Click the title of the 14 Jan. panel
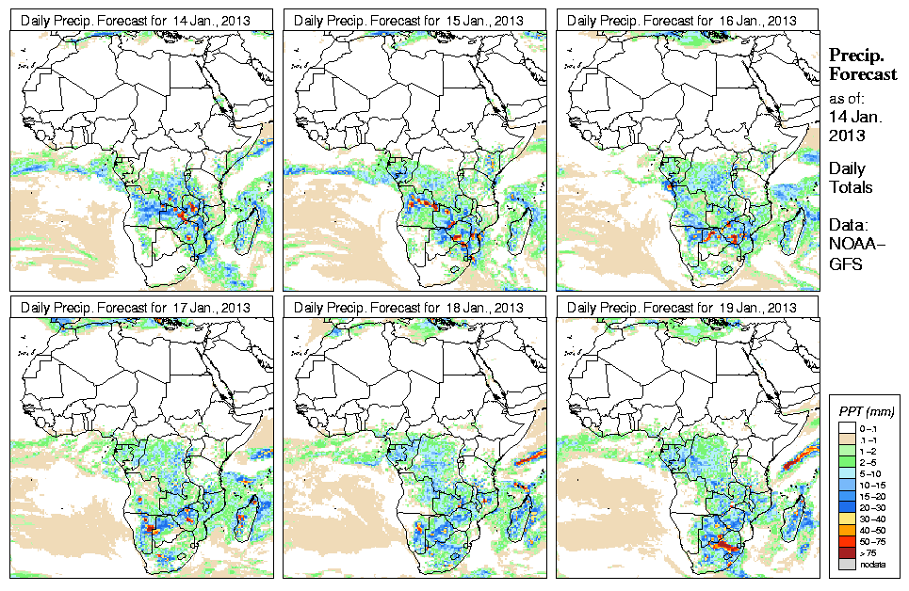pyautogui.click(x=141, y=21)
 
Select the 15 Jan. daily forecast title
pyautogui.click(x=415, y=21)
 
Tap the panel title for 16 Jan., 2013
pyautogui.click(x=688, y=21)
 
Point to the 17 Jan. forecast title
pyautogui.click(x=141, y=308)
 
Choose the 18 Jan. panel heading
pyautogui.click(x=415, y=308)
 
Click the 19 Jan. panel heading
pyautogui.click(x=688, y=308)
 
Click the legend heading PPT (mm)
pyautogui.click(x=867, y=411)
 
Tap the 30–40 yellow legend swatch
pyautogui.click(x=846, y=518)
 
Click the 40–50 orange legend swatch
pyautogui.click(x=846, y=531)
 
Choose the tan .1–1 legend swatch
pyautogui.click(x=846, y=439)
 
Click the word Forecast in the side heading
pyautogui.click(x=862, y=75)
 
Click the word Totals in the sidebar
pyautogui.click(x=850, y=187)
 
